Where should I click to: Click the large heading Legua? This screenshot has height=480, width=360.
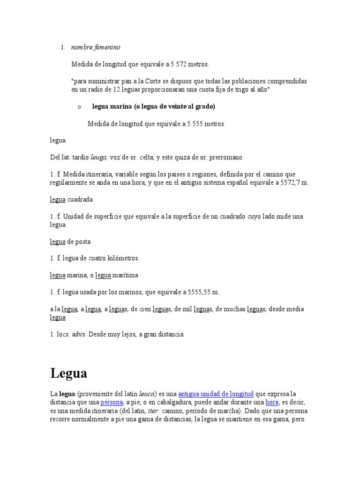(x=68, y=374)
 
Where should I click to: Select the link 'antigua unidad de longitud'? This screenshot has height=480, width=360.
(x=216, y=394)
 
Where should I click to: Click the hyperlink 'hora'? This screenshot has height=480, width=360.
(x=272, y=402)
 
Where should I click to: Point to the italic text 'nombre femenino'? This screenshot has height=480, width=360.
(x=96, y=47)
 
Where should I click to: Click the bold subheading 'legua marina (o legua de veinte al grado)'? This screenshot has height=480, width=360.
(x=154, y=107)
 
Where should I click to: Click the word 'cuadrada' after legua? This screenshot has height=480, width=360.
(x=80, y=199)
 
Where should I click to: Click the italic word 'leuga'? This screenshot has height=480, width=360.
(x=99, y=157)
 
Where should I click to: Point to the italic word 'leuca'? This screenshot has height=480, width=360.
(x=147, y=394)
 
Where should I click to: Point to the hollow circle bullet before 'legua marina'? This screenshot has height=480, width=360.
(x=80, y=107)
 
